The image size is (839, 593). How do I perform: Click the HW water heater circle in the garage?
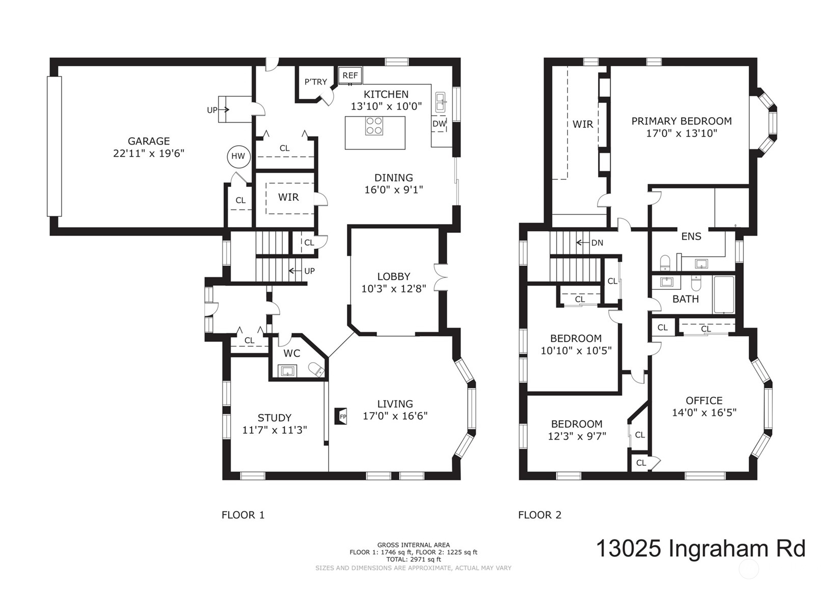pos(238,156)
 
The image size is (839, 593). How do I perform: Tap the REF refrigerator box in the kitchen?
pos(350,76)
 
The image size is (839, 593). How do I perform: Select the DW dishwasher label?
pos(439,124)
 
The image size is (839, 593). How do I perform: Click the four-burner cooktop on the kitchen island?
pos(374,126)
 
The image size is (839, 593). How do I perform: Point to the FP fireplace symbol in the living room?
pos(341,416)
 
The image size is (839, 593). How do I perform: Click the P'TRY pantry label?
pos(316,82)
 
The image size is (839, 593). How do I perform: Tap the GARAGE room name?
pos(149,141)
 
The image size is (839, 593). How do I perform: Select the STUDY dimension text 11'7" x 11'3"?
pos(275,430)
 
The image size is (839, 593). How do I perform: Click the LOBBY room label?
pos(394,277)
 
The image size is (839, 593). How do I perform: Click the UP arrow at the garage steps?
pos(224,110)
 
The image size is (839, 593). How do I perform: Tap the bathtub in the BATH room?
pos(724,294)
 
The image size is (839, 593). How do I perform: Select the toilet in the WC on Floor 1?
pos(316,369)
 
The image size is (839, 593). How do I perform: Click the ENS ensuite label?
pos(691,236)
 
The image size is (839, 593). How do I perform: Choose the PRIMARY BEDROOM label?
pos(681,121)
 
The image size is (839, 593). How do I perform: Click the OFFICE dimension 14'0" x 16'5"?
pos(704,413)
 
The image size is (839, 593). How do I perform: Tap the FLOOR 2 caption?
pos(540,515)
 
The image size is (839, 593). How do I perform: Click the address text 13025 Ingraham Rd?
pos(700,548)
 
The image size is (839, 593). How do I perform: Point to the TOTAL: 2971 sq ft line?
pos(414,559)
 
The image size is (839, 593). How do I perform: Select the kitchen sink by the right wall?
pos(441,102)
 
